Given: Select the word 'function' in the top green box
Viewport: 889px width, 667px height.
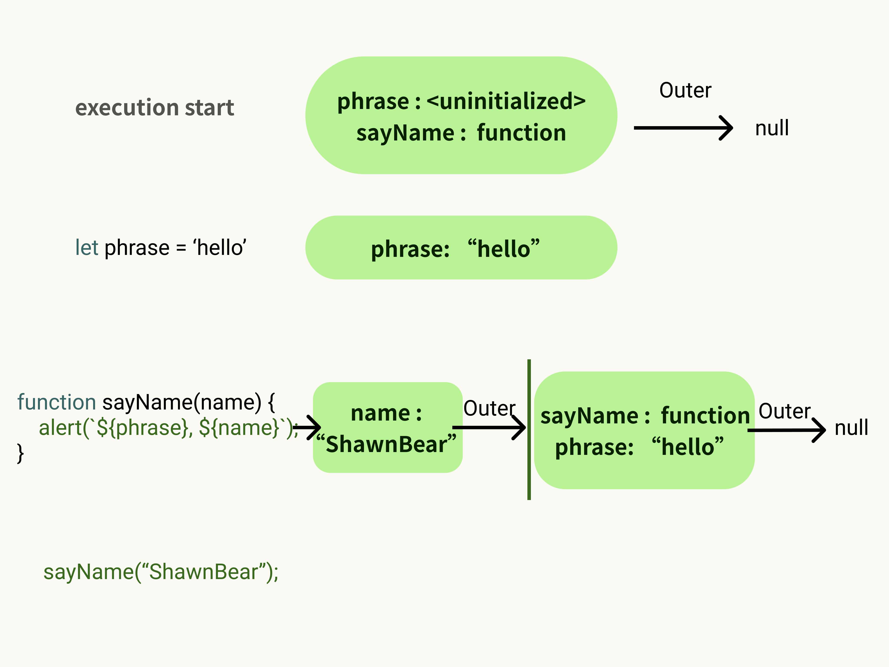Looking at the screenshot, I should (x=521, y=133).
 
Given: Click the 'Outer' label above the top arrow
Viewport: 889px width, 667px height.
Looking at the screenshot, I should (x=685, y=91).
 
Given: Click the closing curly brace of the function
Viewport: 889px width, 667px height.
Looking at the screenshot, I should (x=20, y=453).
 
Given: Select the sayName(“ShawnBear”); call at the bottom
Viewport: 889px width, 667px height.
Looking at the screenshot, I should (x=161, y=572).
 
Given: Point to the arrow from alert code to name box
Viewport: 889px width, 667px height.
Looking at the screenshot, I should (x=308, y=427).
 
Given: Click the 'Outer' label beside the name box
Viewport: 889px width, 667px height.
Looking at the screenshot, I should (x=489, y=408).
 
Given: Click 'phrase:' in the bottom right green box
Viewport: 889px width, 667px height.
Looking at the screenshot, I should (x=594, y=447).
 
